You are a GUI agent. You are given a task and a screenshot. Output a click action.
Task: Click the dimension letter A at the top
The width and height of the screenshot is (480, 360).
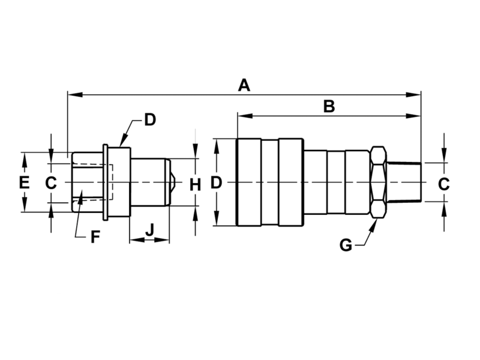tap(243, 85)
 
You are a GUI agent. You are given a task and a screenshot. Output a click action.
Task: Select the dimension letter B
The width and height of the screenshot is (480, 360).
tap(328, 106)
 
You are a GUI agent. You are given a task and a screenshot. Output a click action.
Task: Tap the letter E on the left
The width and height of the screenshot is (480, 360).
tap(24, 182)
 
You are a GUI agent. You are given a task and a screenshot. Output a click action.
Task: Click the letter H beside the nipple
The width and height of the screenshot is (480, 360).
tap(195, 184)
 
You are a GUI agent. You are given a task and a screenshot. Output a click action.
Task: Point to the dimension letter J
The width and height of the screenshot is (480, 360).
tap(150, 229)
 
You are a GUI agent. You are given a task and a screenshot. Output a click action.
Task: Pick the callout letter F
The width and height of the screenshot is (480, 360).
tap(95, 237)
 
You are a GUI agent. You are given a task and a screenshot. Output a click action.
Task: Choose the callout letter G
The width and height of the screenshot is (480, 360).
tap(346, 245)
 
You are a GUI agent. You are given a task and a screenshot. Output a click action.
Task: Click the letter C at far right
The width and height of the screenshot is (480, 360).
tap(443, 184)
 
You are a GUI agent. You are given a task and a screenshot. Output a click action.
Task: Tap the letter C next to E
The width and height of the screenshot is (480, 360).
tap(51, 182)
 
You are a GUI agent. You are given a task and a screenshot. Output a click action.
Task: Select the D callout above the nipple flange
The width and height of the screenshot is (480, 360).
tap(150, 119)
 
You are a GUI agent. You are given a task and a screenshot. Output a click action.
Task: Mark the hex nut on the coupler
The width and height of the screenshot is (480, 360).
tap(377, 182)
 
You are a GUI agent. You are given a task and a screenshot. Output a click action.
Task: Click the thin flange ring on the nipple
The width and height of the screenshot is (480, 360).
tap(106, 182)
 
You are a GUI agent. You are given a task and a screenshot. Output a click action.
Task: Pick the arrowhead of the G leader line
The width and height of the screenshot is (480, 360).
tap(375, 224)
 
